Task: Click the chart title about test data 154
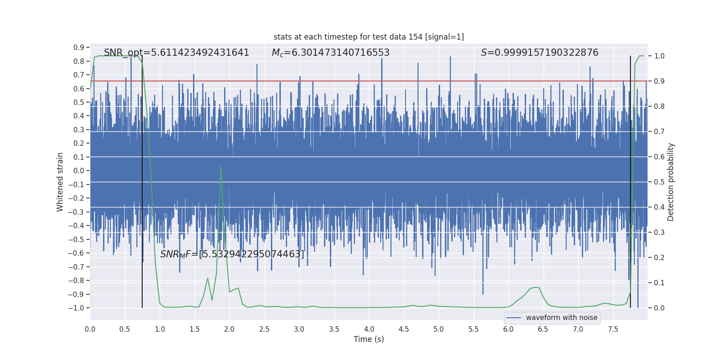[369, 37]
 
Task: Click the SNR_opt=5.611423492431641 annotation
[176, 53]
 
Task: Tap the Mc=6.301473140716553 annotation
[330, 53]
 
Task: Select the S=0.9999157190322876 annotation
[540, 53]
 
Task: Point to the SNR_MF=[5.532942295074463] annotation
[232, 254]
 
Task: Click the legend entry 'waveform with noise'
[561, 318]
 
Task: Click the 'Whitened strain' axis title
[60, 182]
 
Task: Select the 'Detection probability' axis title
[671, 182]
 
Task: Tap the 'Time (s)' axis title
[369, 339]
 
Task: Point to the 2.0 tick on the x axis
[229, 329]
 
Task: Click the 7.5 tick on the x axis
[613, 329]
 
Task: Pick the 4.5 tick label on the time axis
[404, 329]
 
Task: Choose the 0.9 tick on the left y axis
[79, 47]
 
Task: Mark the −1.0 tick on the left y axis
[76, 308]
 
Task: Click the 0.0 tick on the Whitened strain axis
[79, 171]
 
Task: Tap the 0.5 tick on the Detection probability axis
[659, 182]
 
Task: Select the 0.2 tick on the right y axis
[659, 257]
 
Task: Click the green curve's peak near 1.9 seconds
[220, 166]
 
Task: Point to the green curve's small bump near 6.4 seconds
[535, 288]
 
